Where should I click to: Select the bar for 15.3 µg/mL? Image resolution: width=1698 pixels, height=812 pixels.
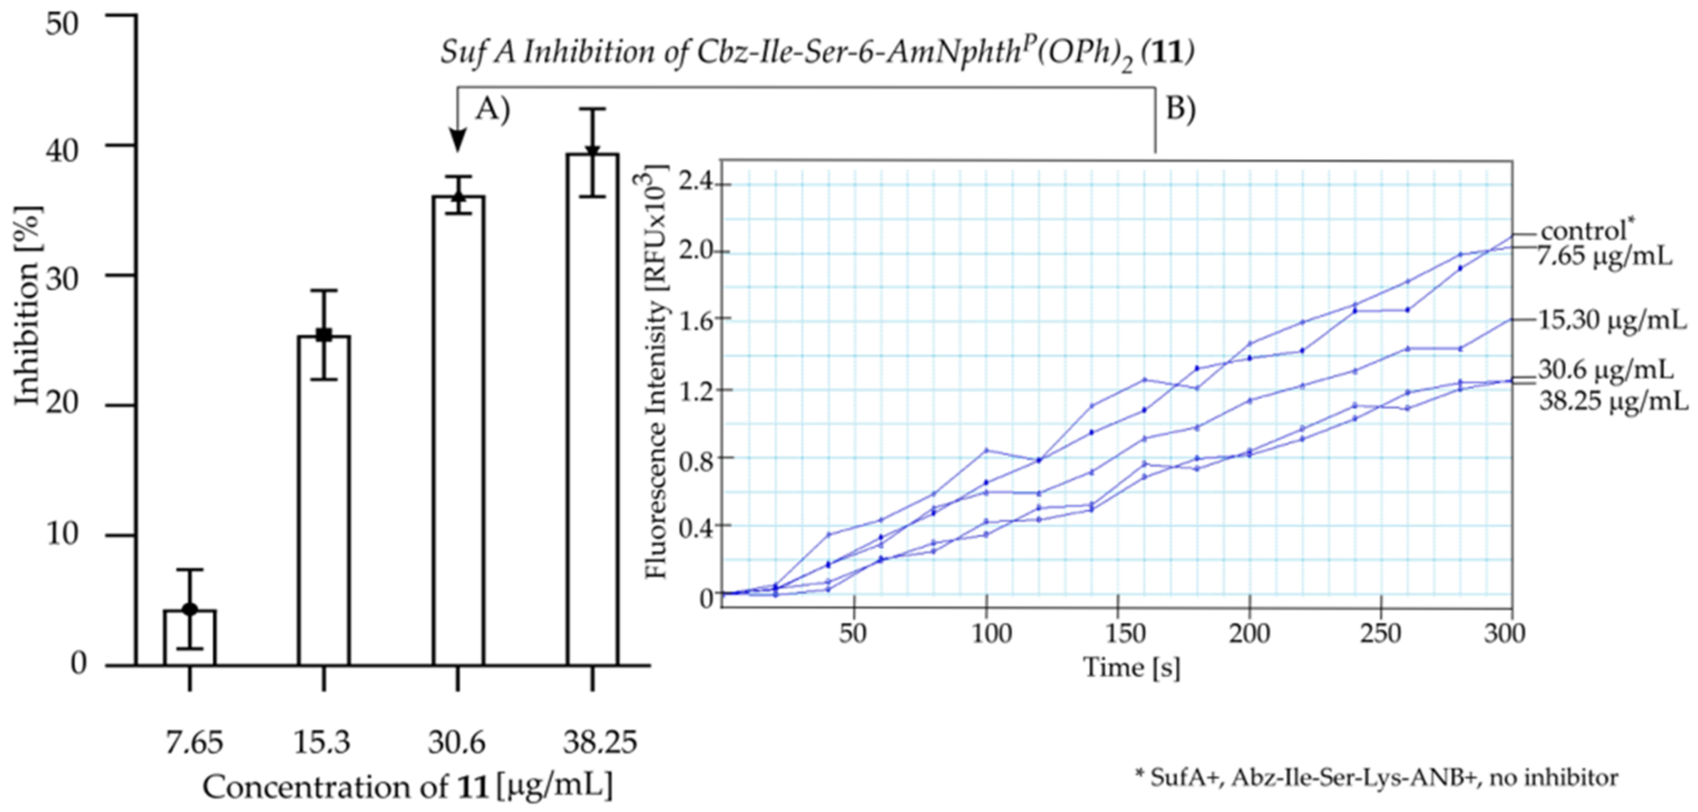pyautogui.click(x=324, y=501)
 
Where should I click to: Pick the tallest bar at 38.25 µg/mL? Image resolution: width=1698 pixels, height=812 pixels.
pyautogui.click(x=592, y=409)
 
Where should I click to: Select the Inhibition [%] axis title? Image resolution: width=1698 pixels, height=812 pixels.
pyautogui.click(x=28, y=306)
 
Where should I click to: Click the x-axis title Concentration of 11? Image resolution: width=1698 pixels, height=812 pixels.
pyautogui.click(x=407, y=787)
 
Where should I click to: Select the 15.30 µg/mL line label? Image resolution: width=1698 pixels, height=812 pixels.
pyautogui.click(x=1612, y=320)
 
